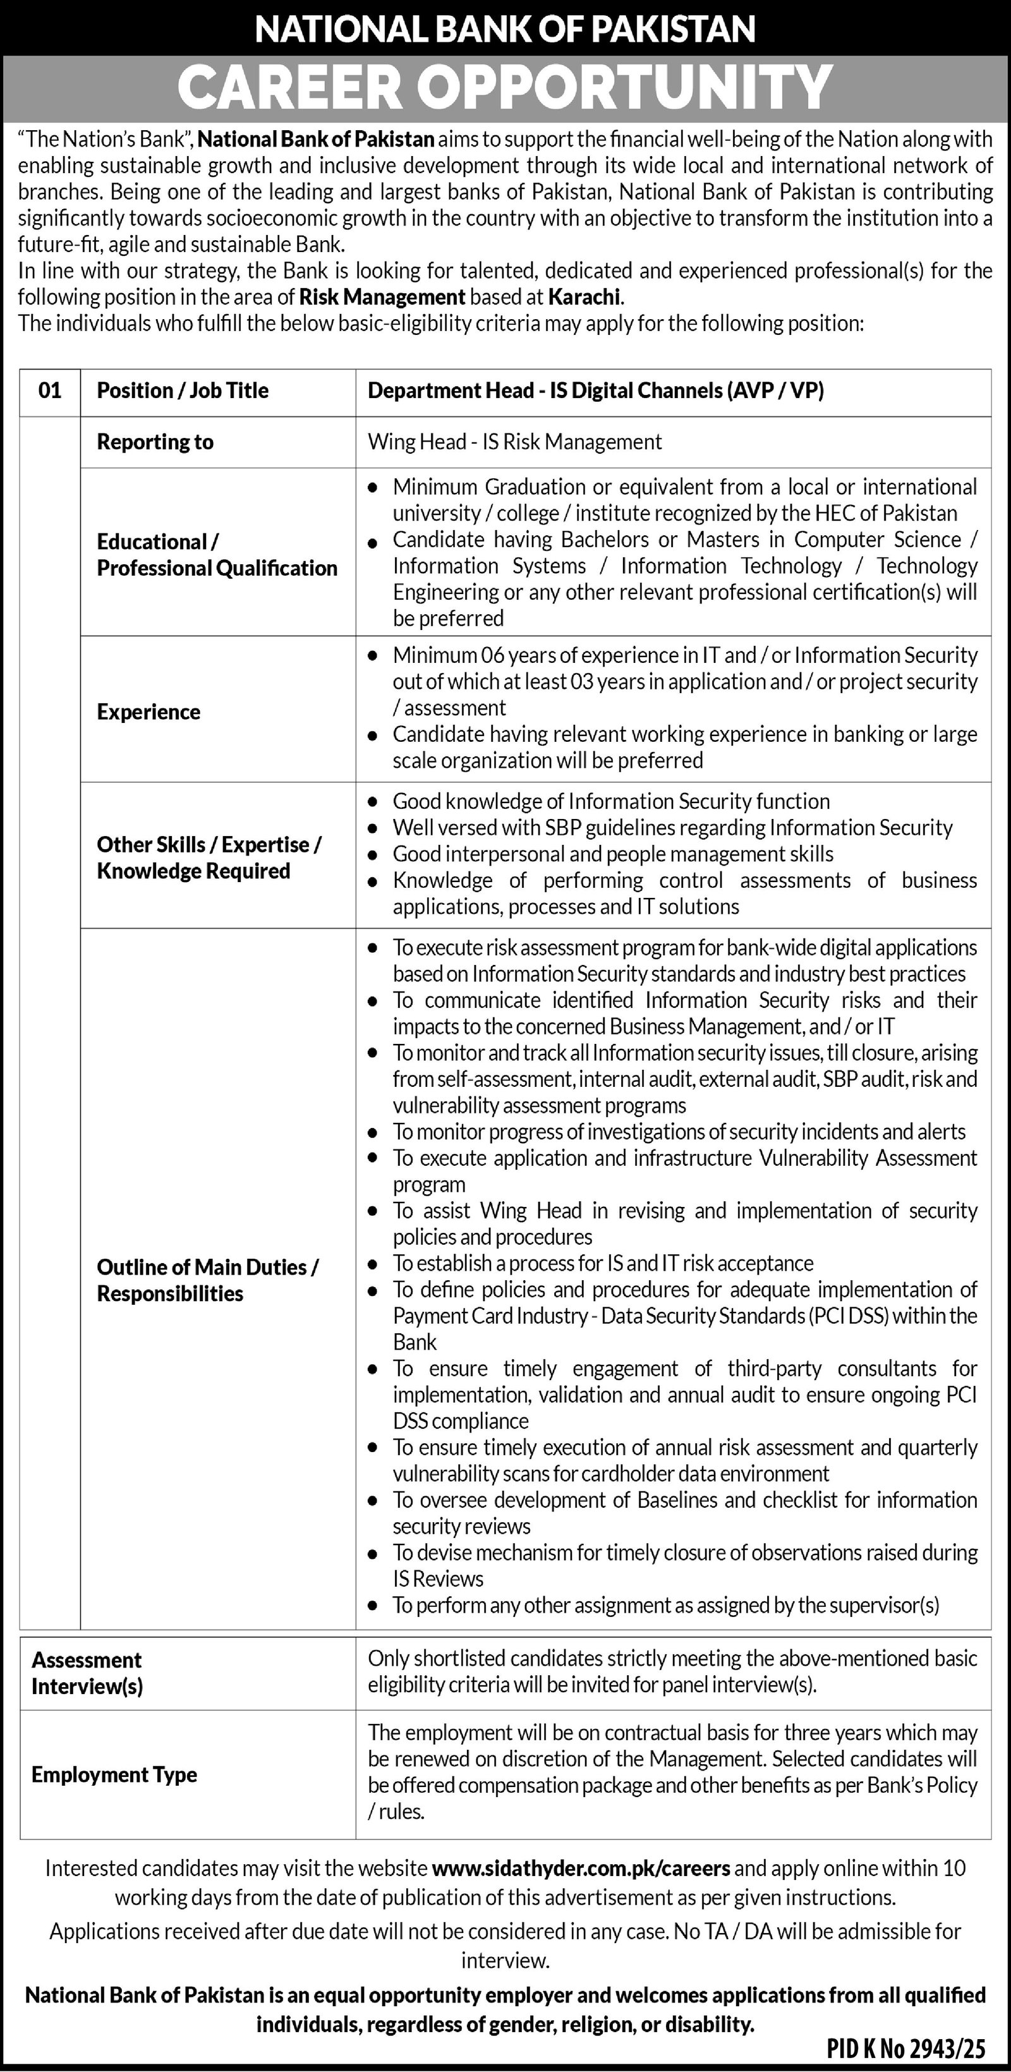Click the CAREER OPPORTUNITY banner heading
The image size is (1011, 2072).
click(x=505, y=87)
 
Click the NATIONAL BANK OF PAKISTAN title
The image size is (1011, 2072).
click(x=505, y=30)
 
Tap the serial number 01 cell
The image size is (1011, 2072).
click(x=50, y=391)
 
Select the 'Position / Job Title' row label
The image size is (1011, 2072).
click(x=183, y=391)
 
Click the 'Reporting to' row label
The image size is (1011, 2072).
click(x=155, y=442)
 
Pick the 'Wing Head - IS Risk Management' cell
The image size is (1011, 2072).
click(x=515, y=442)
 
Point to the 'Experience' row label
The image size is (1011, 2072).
click(x=148, y=712)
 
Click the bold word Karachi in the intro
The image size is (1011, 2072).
click(x=584, y=297)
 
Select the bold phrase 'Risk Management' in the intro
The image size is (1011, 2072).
click(x=382, y=297)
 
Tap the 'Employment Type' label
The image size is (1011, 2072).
click(x=114, y=1774)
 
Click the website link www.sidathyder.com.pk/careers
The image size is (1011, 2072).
click(x=581, y=1868)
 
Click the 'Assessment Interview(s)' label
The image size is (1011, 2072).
click(x=87, y=1673)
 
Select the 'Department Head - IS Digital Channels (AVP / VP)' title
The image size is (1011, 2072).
click(x=596, y=391)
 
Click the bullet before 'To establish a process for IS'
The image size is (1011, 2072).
click(x=372, y=1265)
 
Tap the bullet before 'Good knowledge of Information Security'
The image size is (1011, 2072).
click(x=372, y=803)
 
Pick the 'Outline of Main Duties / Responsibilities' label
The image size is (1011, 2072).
click(x=207, y=1280)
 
